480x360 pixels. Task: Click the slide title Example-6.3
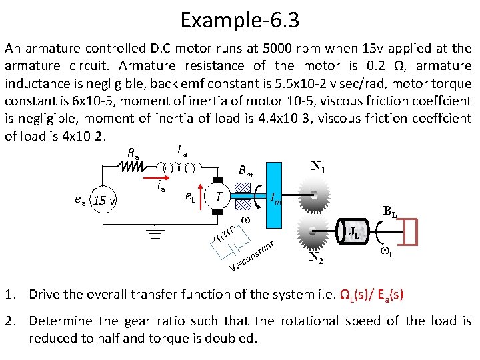(x=239, y=20)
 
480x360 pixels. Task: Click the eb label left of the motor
(x=191, y=197)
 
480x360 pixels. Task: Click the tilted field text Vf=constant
(x=253, y=256)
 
